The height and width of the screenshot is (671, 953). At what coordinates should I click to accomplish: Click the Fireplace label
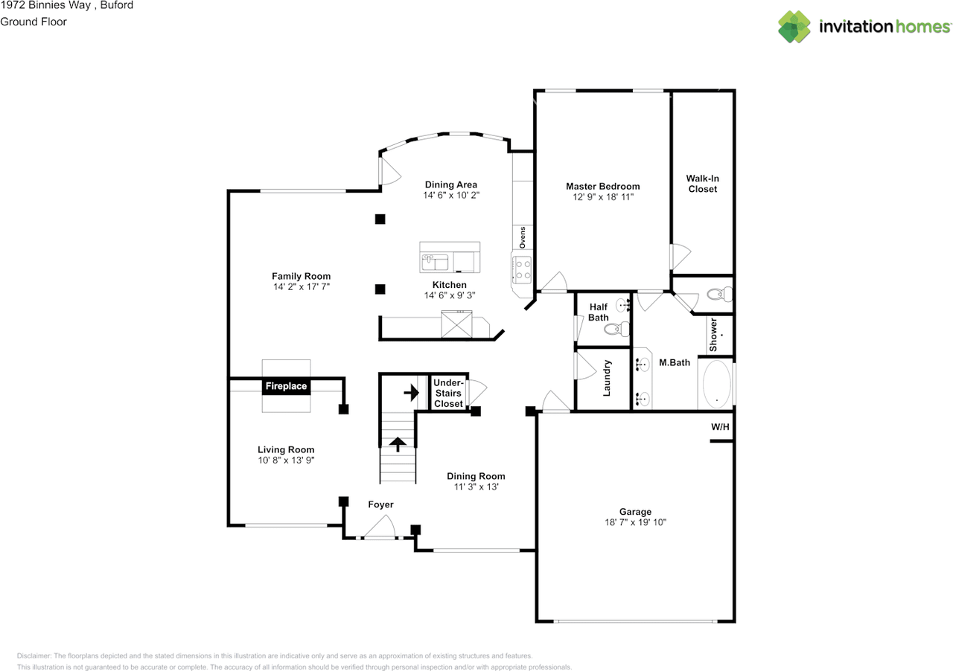click(x=286, y=386)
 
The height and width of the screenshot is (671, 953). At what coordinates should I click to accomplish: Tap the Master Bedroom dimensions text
click(x=603, y=197)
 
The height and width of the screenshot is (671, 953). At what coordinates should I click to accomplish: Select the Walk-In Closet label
click(x=702, y=184)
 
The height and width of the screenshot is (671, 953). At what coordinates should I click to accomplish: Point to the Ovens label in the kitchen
click(x=522, y=237)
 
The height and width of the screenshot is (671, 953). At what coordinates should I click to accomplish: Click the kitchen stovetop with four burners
click(x=522, y=269)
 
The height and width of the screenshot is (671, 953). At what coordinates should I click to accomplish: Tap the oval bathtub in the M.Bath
click(x=716, y=385)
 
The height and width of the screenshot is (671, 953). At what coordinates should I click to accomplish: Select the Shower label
click(x=713, y=335)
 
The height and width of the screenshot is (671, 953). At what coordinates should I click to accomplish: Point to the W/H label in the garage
click(x=720, y=427)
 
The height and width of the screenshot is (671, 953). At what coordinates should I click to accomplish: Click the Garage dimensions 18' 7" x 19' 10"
click(x=635, y=522)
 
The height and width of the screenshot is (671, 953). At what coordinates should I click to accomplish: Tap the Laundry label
click(x=607, y=379)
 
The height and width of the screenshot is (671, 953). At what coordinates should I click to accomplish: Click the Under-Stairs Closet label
click(x=448, y=394)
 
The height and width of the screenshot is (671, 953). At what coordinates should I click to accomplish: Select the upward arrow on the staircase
click(x=398, y=444)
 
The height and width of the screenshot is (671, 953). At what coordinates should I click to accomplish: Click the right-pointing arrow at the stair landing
click(x=412, y=393)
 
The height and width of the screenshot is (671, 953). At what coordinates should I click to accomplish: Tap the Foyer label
click(x=380, y=505)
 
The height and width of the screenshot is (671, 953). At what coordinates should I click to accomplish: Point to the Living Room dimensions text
click(x=286, y=460)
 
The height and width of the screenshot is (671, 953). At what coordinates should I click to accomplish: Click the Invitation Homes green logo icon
click(x=794, y=27)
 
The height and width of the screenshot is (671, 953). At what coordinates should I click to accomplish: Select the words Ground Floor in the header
click(x=34, y=22)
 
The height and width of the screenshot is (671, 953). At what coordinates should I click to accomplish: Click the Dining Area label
click(x=451, y=184)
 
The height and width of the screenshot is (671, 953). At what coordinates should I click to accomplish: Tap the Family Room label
click(x=302, y=277)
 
